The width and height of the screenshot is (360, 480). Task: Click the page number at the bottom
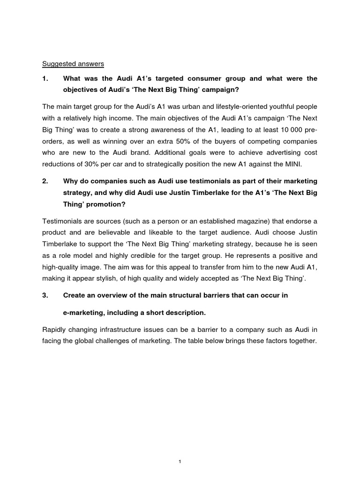pos(180,448)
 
